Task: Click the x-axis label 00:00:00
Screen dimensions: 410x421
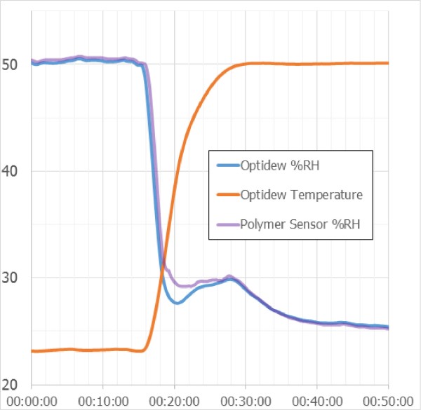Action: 32,399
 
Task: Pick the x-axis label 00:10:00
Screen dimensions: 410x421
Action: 103,399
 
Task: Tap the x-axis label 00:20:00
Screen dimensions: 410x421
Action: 175,399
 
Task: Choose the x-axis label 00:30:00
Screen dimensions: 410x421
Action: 246,399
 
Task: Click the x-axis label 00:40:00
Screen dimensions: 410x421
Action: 317,399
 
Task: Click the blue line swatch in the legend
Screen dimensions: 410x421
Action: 226,166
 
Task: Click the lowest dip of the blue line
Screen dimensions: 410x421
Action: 177,303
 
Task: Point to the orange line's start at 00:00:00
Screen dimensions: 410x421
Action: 33,350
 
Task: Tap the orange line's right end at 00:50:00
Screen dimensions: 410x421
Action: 387,63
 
